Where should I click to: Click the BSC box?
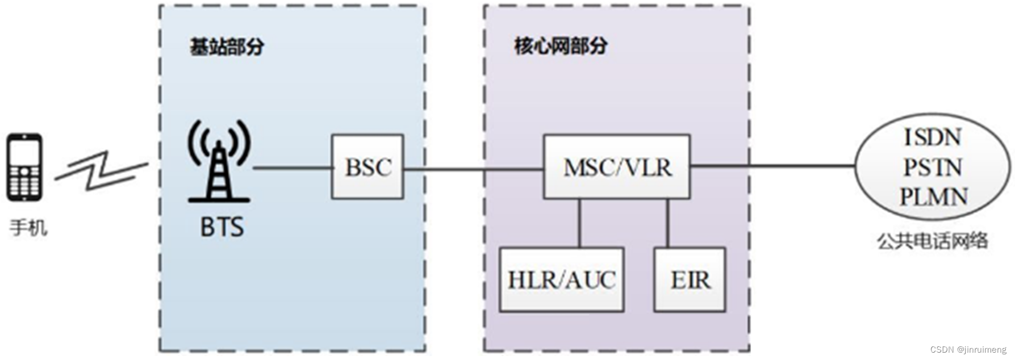pos(367,166)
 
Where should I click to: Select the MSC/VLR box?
pos(617,166)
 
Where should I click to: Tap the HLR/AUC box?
pos(561,279)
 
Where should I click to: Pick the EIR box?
pos(690,279)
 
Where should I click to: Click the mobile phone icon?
pos(24,167)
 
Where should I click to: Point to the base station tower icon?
pos(219,162)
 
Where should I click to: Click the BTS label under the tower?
pos(222,227)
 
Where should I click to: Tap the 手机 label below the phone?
pos(28,228)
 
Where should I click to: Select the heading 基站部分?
pos(227,47)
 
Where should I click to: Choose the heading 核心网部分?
pos(560,46)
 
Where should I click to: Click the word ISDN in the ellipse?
pos(933,137)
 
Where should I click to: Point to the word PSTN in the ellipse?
pos(933,168)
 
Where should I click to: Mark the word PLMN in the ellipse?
pos(933,197)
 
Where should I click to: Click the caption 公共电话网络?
pos(932,241)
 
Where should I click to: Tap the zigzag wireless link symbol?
pos(101,170)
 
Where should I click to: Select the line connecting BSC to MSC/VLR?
pos(473,169)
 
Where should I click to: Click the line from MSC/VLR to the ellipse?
pos(772,166)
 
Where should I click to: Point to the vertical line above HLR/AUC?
pos(579,223)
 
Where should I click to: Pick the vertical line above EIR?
pos(667,223)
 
